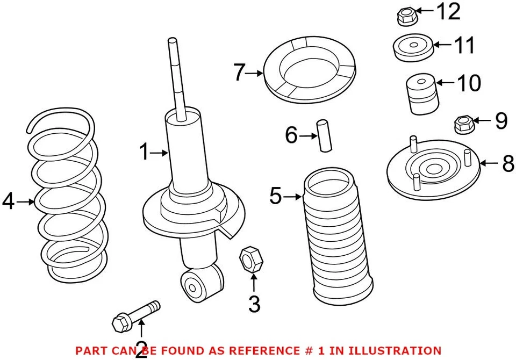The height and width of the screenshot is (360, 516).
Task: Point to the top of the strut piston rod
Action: (x=172, y=43)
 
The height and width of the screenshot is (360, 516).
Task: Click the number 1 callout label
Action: (x=144, y=153)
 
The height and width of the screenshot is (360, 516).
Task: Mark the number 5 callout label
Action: (x=275, y=197)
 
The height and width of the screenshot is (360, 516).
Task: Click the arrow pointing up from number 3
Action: (x=253, y=283)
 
